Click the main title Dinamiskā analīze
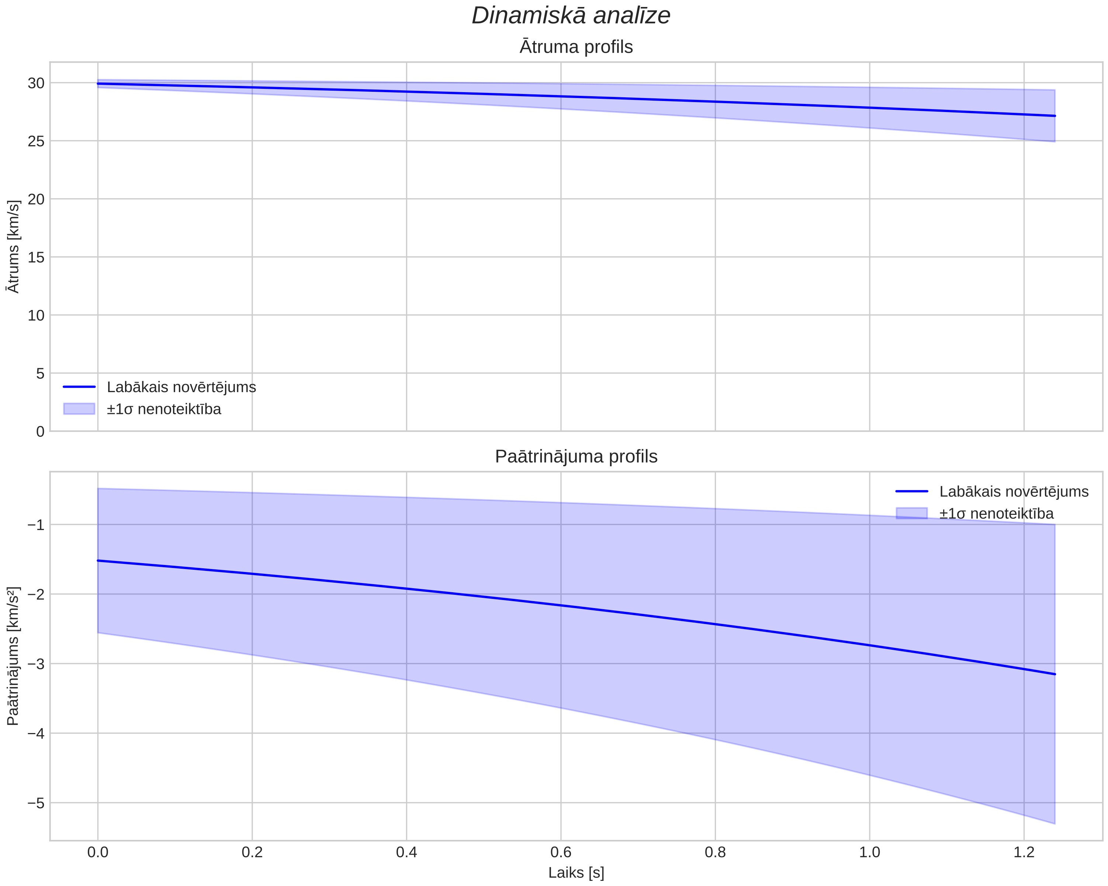click(x=571, y=15)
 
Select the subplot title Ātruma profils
click(x=576, y=47)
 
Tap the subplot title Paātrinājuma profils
click(x=576, y=456)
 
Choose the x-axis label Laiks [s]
click(x=576, y=873)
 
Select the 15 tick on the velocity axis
click(x=37, y=257)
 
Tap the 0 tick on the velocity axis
click(x=41, y=432)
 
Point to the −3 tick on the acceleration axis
click(x=35, y=664)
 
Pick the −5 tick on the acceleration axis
click(x=35, y=803)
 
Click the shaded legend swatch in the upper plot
click(x=79, y=409)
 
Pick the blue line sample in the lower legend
click(x=912, y=492)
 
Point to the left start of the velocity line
click(x=98, y=84)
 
